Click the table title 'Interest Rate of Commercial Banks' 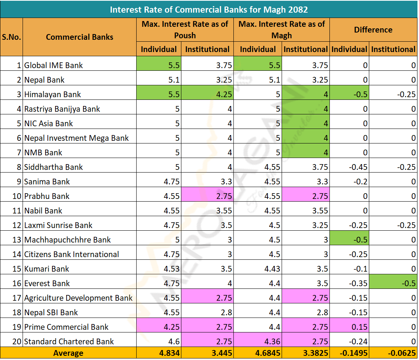pos(209,9)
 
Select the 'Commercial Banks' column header pos(80,37)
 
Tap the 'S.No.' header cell pos(11,37)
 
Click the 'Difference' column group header pos(373,30)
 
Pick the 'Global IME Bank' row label pos(54,65)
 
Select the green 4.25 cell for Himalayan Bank pos(207,94)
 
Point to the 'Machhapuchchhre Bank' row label pos(67,240)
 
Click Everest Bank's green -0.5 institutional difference pos(393,283)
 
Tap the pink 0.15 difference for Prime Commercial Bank pos(350,327)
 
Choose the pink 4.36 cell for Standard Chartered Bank pos(258,342)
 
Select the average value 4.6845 pos(258,353)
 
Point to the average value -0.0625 pos(393,353)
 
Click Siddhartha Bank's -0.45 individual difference pos(350,167)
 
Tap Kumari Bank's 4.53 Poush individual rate pos(159,269)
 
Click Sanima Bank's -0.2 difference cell pos(350,182)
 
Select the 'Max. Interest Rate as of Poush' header pos(185,30)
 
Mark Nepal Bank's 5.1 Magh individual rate pos(258,80)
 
